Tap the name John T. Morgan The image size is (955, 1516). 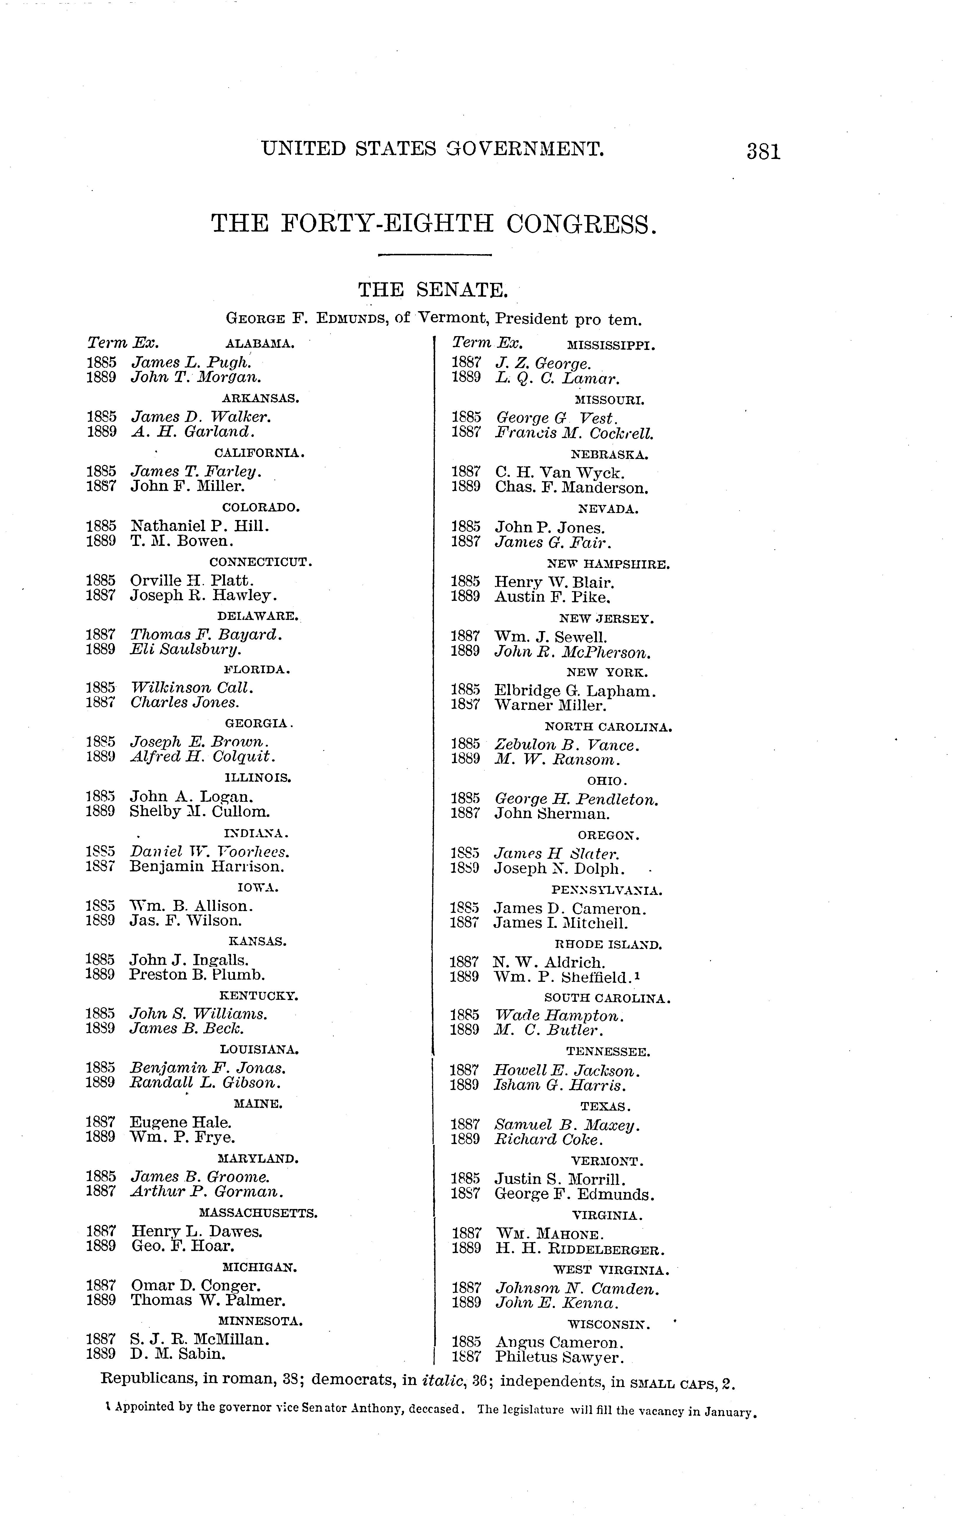195,377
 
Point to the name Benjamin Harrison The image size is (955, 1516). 207,866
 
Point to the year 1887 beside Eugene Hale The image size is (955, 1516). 101,1122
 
